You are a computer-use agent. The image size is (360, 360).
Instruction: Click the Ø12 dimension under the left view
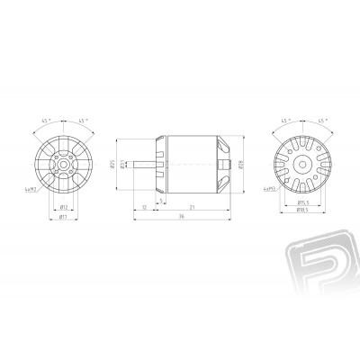pyautogui.click(x=65, y=207)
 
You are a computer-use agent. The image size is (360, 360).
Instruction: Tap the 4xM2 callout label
pyautogui.click(x=268, y=190)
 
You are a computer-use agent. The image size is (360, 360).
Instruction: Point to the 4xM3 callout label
pyautogui.click(x=32, y=190)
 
